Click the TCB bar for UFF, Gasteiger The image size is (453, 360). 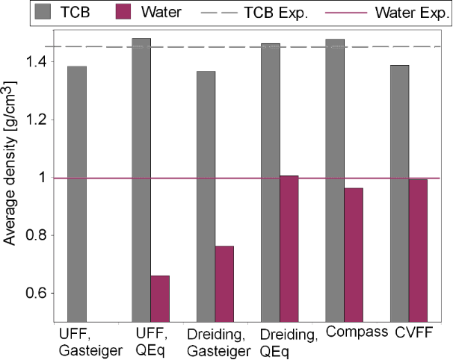(77, 194)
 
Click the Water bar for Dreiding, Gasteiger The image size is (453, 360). (224, 284)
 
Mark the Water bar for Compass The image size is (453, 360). (353, 255)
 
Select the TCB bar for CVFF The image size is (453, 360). (398, 194)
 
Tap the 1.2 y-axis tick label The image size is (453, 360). (34, 120)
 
